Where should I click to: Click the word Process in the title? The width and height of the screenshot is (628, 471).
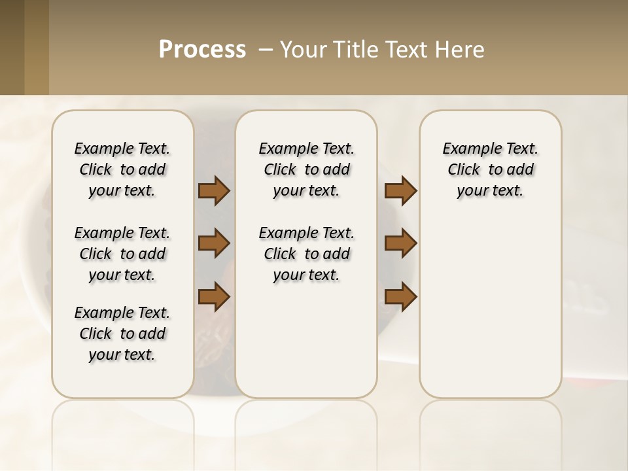[x=202, y=50]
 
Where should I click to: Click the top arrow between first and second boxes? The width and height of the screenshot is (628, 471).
[x=214, y=190]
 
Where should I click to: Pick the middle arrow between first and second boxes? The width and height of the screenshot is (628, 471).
[x=214, y=243]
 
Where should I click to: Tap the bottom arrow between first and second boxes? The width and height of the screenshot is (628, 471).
[x=214, y=296]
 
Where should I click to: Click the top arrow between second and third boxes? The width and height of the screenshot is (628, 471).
[x=400, y=190]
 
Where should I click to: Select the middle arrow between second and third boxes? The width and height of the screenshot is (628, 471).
[x=400, y=243]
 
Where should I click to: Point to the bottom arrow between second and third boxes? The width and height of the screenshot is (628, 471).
[x=400, y=296]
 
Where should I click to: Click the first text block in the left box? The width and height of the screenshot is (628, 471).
[x=122, y=169]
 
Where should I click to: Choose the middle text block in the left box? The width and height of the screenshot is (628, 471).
[x=122, y=254]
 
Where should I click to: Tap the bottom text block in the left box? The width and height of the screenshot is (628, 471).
[x=122, y=334]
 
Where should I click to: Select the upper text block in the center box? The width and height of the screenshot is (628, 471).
[x=306, y=169]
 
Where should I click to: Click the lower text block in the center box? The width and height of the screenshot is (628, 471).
[x=306, y=254]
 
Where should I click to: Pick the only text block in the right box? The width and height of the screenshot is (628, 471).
[x=490, y=169]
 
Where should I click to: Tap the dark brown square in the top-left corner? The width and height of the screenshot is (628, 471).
[x=12, y=47]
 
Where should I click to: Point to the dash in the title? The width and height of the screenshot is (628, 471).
[x=266, y=50]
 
